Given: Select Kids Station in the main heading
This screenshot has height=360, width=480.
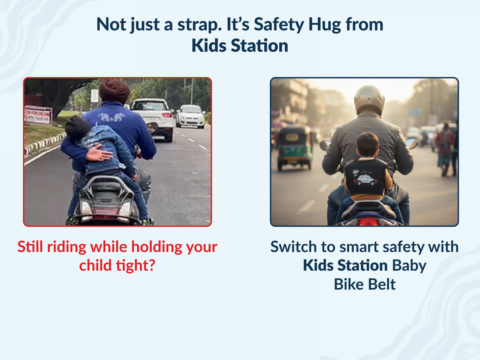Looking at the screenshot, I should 240,46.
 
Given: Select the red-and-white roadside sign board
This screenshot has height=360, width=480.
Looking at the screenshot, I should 38,115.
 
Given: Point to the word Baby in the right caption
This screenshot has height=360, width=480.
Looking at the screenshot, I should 409,266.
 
